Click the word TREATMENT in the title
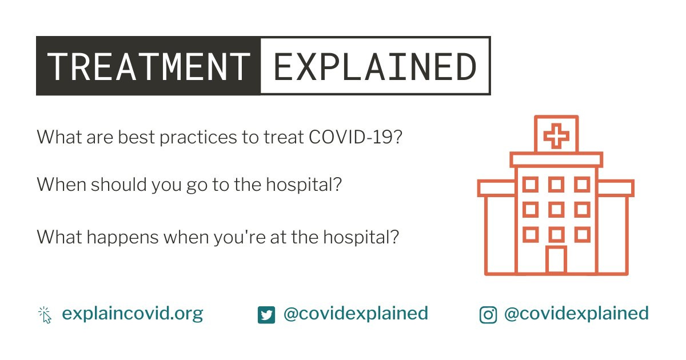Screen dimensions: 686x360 click(x=149, y=66)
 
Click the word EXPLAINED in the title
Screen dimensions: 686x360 click(x=375, y=66)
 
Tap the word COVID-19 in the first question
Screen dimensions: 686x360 click(x=351, y=137)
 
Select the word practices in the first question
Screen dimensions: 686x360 click(x=198, y=137)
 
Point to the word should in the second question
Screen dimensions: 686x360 click(x=118, y=185)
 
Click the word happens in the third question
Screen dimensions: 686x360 click(x=122, y=238)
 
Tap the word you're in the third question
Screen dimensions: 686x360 click(x=240, y=238)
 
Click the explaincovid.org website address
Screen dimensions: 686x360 click(x=133, y=314)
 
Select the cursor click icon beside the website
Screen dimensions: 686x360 click(x=45, y=315)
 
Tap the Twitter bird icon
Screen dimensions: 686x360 click(x=266, y=315)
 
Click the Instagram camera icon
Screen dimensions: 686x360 click(x=488, y=315)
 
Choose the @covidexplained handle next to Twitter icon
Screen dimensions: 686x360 click(x=356, y=314)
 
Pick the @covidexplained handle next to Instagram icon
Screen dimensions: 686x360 click(x=576, y=314)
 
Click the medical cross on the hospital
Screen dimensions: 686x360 click(x=556, y=136)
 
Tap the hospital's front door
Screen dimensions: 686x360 click(x=556, y=259)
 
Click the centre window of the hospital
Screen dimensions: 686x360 click(x=556, y=210)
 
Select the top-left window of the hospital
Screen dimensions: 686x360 click(x=531, y=185)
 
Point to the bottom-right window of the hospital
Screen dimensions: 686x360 click(x=582, y=235)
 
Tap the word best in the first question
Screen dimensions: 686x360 click(x=136, y=137)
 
